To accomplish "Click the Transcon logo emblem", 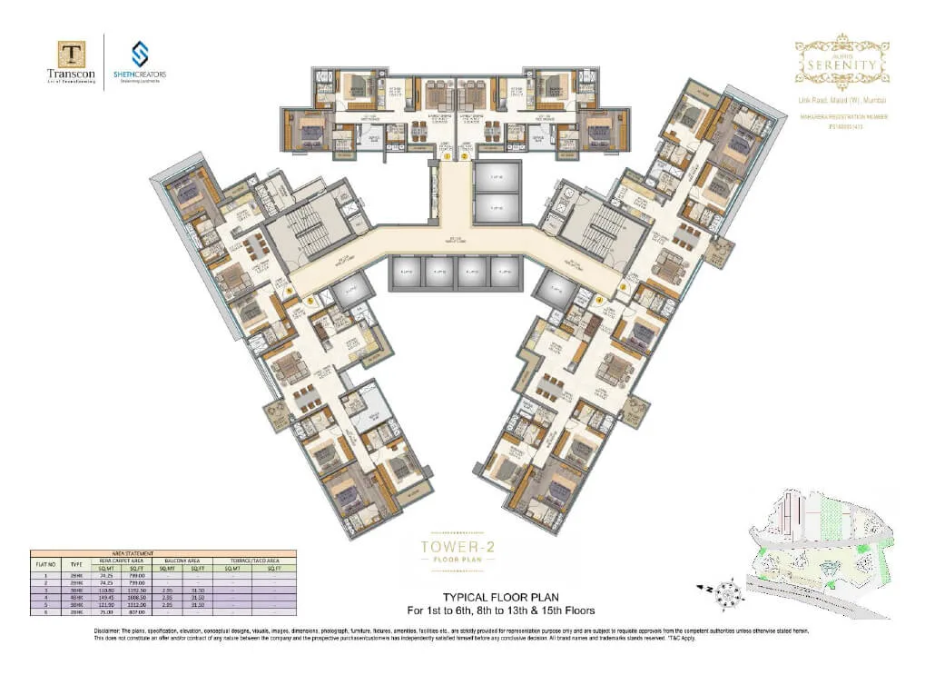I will point(72,55).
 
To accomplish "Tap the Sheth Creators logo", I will point(140,54).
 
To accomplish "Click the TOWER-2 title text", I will point(462,547).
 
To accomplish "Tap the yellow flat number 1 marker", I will point(448,156).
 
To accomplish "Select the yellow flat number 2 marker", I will point(465,156).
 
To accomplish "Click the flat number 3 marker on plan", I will point(624,286).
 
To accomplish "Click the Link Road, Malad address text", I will point(841,99).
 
